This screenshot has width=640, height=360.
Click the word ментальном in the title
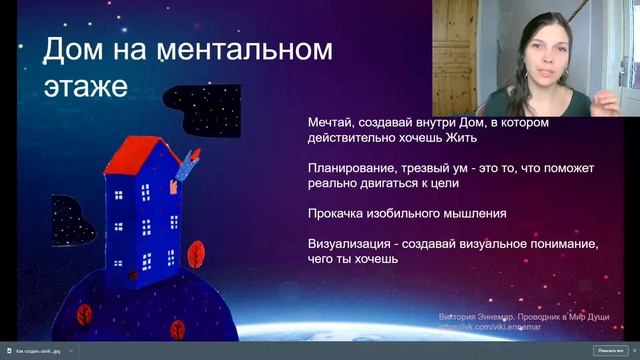249,50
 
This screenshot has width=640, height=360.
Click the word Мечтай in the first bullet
333,123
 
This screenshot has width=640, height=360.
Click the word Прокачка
339,213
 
